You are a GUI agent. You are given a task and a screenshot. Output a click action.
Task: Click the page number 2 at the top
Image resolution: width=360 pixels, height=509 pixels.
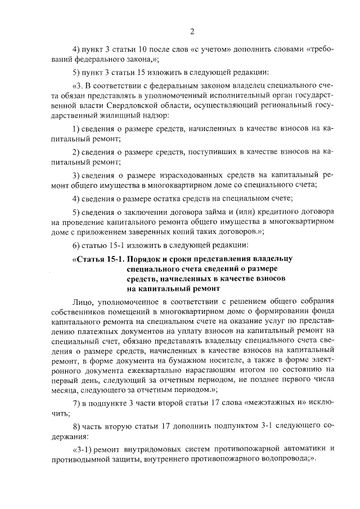click(x=192, y=30)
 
